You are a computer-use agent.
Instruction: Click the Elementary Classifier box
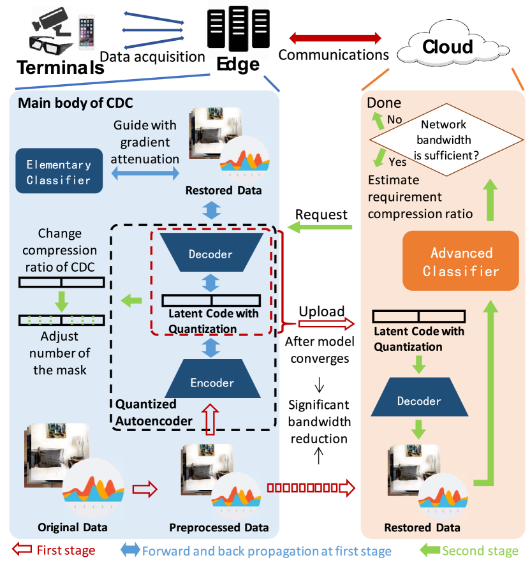coord(59,172)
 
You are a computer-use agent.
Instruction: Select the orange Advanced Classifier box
coord(461,261)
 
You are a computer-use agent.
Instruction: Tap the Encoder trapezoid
coord(211,383)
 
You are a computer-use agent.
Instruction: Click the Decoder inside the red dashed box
coord(211,254)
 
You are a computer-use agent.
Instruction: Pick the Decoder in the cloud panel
coord(418,401)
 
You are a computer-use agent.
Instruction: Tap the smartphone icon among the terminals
coord(87,33)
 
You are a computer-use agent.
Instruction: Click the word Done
coord(384,102)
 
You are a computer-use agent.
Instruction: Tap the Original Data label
coord(72,527)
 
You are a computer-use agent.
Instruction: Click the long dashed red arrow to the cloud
coord(310,489)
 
